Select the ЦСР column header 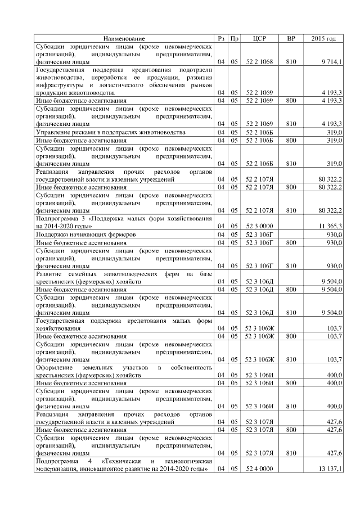point(259,38)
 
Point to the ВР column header point(291,38)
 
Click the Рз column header point(221,38)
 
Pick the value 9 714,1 point(332,61)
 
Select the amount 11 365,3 point(331,225)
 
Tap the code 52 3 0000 point(259,225)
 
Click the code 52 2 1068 point(259,61)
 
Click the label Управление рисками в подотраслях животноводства point(110,132)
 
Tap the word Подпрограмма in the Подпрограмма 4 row point(58,461)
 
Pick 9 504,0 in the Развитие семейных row point(332,281)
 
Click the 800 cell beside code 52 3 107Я point(291,429)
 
